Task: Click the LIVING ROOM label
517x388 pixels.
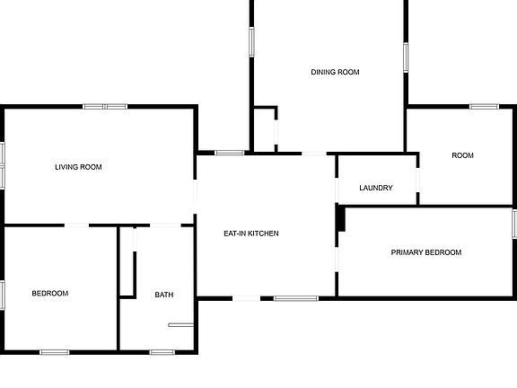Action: click(x=78, y=167)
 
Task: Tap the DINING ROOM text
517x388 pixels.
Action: click(x=335, y=72)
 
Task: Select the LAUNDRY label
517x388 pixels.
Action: click(x=376, y=188)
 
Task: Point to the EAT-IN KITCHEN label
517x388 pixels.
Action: click(x=251, y=234)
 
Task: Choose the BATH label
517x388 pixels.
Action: click(x=164, y=295)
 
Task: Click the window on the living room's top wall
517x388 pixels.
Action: click(x=105, y=107)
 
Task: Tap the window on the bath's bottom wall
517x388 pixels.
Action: click(x=162, y=352)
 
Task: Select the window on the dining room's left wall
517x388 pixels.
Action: click(x=251, y=42)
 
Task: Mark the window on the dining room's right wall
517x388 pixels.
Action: click(x=406, y=57)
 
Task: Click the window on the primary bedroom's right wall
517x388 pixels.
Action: click(x=514, y=224)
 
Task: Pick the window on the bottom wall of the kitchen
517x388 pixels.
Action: click(x=296, y=298)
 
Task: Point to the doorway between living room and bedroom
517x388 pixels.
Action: click(x=76, y=225)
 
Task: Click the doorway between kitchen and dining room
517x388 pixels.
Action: click(x=314, y=154)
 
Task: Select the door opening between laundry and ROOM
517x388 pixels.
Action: click(x=417, y=181)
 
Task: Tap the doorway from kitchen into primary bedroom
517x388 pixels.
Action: click(x=337, y=260)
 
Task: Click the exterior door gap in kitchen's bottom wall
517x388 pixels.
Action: click(x=247, y=298)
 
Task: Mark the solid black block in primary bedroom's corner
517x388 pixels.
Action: click(x=340, y=218)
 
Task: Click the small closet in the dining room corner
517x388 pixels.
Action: click(x=264, y=130)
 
